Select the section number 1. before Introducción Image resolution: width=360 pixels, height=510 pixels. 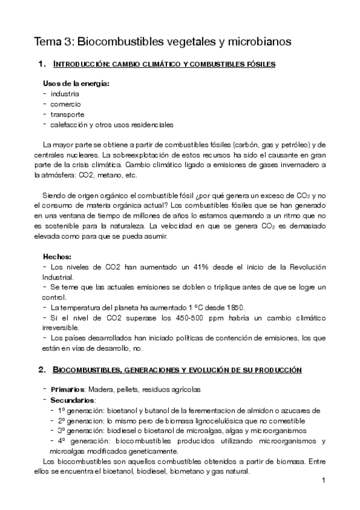(x=41, y=64)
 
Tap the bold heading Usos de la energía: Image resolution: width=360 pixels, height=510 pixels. (x=76, y=83)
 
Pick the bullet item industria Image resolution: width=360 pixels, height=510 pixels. (x=65, y=94)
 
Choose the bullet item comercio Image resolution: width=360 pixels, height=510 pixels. (x=66, y=104)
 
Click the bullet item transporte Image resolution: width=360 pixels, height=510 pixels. (x=67, y=114)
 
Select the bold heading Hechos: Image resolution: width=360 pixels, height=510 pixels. (x=58, y=257)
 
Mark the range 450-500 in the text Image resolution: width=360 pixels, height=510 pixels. (x=197, y=318)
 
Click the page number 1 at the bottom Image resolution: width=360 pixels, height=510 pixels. (x=323, y=481)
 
